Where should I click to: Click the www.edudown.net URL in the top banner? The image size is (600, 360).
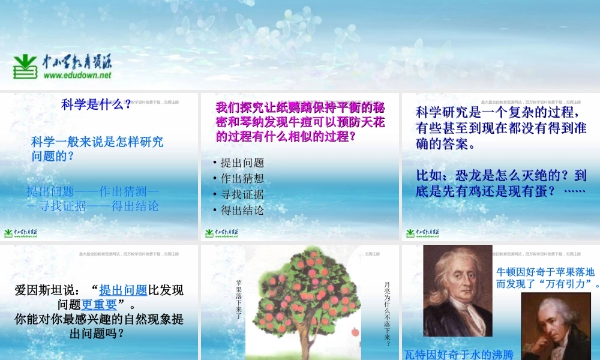77,76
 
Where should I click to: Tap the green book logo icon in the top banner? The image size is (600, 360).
25,67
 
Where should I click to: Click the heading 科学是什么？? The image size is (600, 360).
96,105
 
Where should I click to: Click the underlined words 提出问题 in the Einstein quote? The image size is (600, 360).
123,290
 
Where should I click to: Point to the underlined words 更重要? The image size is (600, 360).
100,304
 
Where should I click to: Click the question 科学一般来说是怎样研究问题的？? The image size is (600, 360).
96,149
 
